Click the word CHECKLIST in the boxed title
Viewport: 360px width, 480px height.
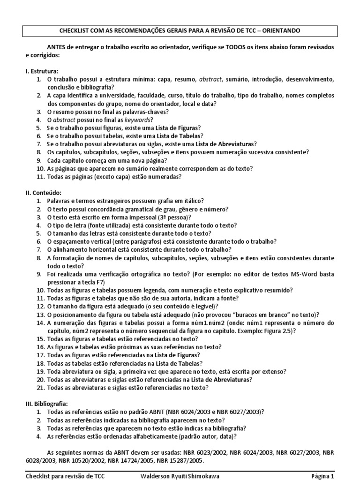77,31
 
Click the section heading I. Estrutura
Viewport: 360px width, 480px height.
42,71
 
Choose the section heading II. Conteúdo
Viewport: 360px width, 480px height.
44,193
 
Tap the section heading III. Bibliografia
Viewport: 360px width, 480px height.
47,404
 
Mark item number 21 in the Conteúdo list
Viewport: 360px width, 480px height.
40,388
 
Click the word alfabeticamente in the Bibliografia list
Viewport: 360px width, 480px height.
153,436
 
